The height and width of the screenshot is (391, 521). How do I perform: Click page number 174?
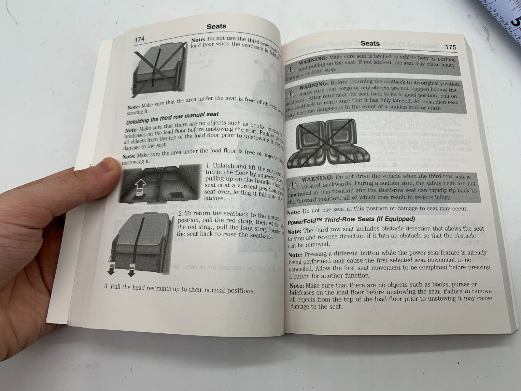[139, 40]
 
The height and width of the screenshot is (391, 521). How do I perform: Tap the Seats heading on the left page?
[217, 26]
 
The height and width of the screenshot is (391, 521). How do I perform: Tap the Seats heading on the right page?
[370, 43]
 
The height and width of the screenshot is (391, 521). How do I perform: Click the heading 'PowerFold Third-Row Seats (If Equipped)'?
[351, 219]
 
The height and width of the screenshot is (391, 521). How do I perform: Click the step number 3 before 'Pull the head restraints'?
[106, 287]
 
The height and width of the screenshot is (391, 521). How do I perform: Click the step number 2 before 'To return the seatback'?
[180, 213]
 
